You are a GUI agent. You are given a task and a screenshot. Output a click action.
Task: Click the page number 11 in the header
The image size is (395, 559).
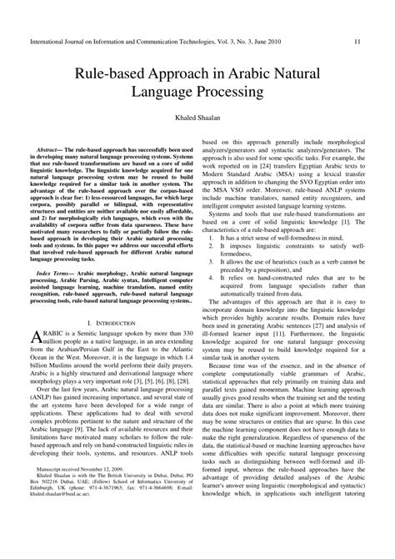coord(357,17)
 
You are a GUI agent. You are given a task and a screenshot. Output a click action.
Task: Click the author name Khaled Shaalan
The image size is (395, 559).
coord(197,120)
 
